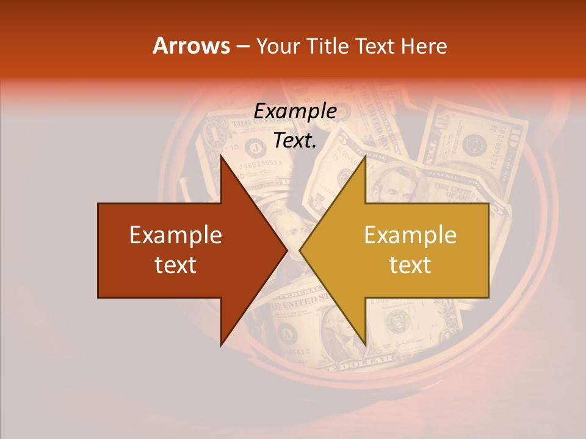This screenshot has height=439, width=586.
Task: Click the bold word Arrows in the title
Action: click(x=190, y=46)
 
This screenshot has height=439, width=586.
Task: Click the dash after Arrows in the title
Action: click(x=243, y=46)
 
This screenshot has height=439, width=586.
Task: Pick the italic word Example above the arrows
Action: click(x=295, y=112)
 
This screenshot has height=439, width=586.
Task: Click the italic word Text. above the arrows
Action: click(x=295, y=140)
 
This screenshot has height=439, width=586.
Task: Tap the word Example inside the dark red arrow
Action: click(x=176, y=235)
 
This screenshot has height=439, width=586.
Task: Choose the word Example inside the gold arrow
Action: click(x=410, y=235)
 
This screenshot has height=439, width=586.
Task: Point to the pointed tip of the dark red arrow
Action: click(x=286, y=251)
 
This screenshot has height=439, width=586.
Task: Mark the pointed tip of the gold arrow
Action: click(x=300, y=251)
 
